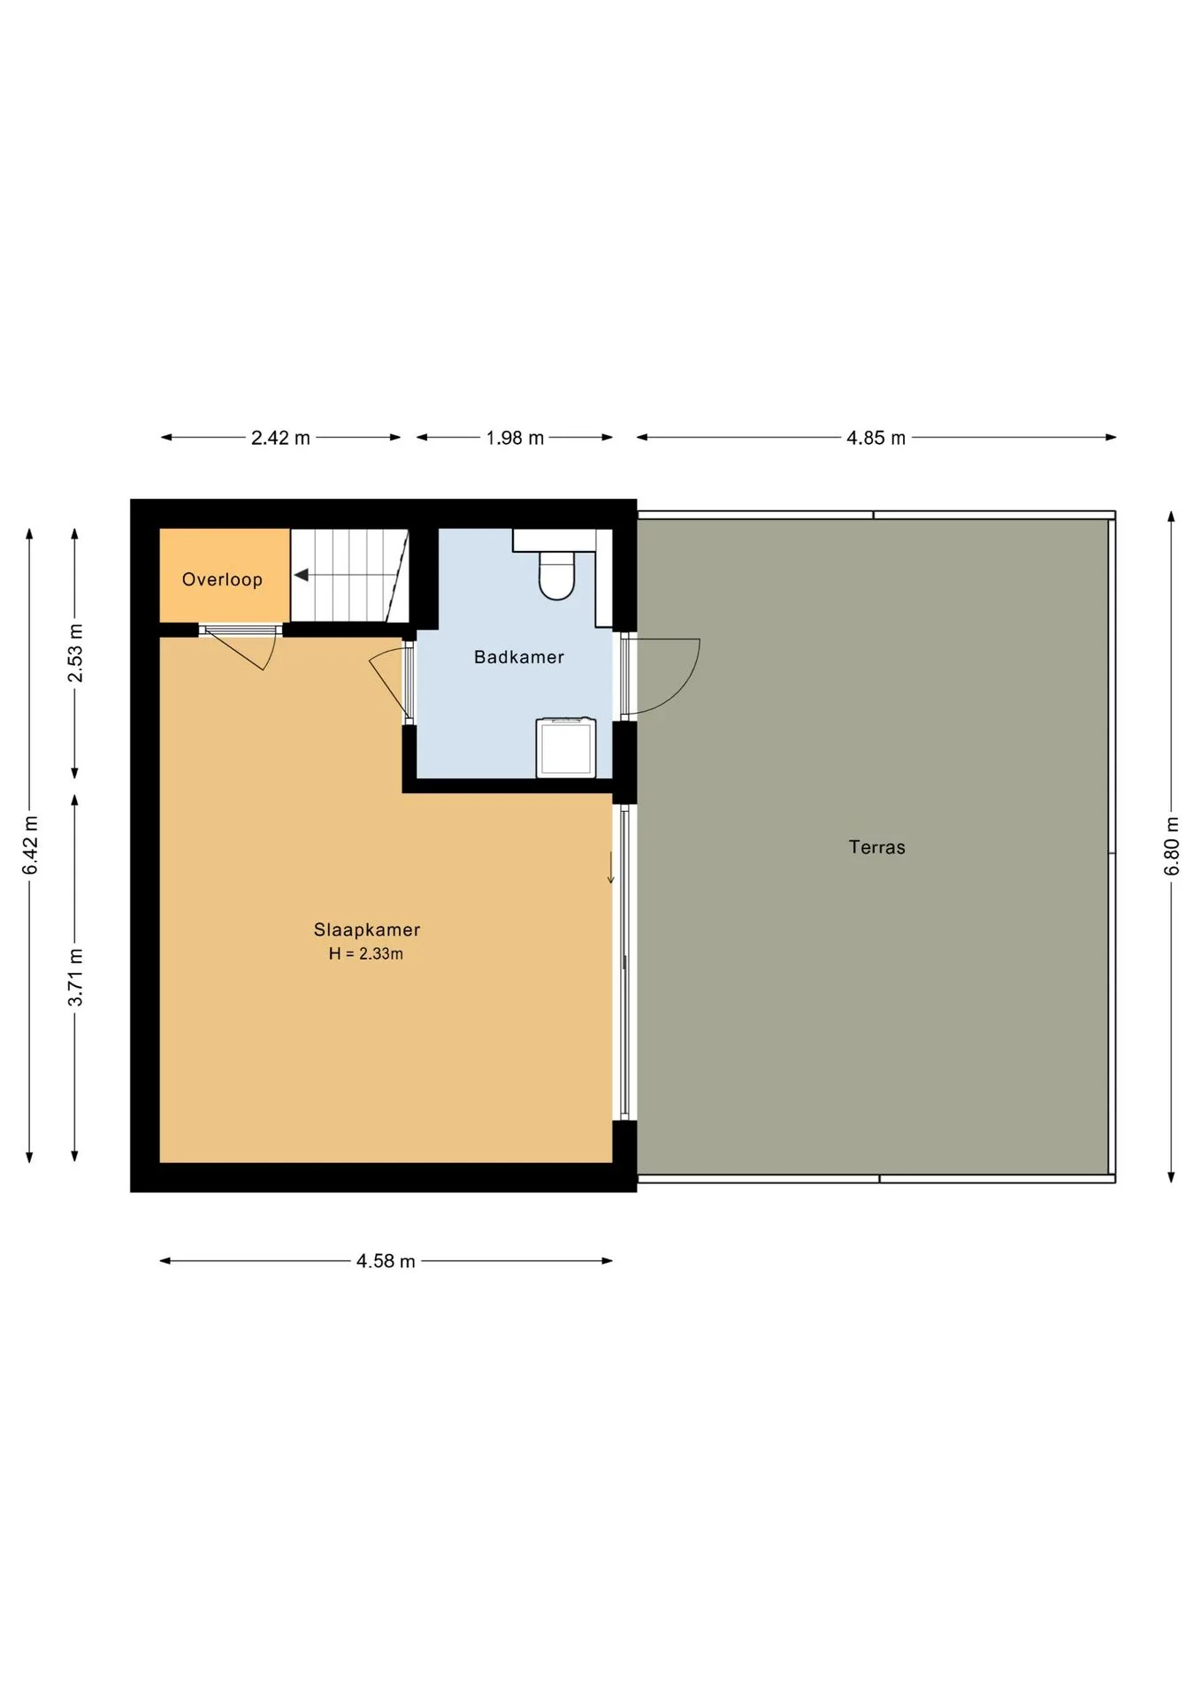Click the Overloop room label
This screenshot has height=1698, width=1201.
(222, 580)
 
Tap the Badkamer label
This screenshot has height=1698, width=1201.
(519, 657)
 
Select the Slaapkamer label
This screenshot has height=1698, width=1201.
(367, 929)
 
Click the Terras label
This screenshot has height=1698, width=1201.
(877, 847)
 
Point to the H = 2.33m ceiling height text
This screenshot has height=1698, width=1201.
(366, 953)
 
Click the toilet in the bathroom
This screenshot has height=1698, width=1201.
(557, 574)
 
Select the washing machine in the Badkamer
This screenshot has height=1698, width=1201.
(566, 748)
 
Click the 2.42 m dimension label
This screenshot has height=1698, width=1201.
(280, 438)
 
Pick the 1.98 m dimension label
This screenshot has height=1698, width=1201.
(515, 438)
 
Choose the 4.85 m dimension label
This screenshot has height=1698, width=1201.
(876, 438)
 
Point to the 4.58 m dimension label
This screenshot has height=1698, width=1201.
(386, 1261)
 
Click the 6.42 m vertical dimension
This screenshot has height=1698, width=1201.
(30, 845)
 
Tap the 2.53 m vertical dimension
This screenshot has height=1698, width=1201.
(75, 653)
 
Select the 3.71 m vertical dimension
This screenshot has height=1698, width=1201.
(75, 976)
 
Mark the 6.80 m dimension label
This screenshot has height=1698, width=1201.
(1172, 846)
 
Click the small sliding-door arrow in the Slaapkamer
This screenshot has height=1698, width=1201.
(610, 868)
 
